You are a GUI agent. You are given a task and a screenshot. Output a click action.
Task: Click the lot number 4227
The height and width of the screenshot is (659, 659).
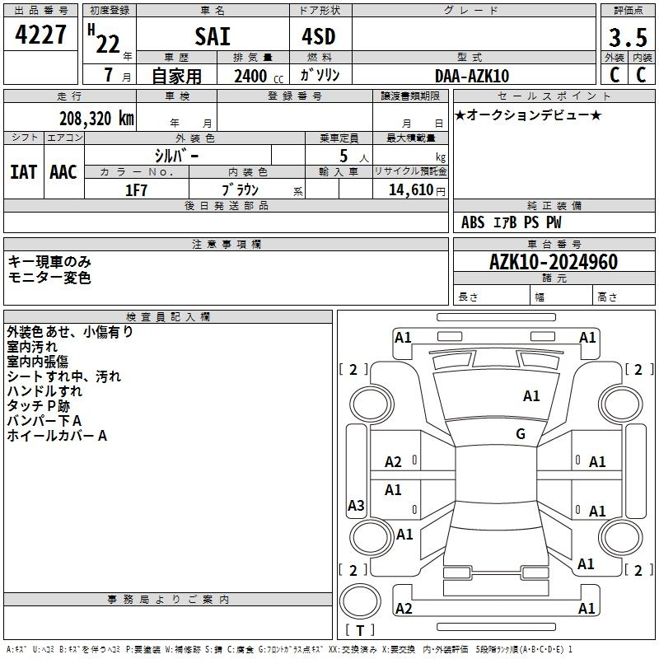click(x=40, y=35)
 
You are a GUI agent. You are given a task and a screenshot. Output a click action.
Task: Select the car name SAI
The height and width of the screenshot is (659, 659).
click(x=213, y=36)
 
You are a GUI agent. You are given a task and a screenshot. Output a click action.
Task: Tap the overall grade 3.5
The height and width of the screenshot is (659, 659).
click(x=628, y=38)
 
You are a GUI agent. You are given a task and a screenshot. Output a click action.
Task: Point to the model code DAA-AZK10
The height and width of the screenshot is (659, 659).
click(x=472, y=76)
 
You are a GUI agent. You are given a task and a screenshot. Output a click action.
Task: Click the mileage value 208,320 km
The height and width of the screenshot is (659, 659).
click(x=96, y=119)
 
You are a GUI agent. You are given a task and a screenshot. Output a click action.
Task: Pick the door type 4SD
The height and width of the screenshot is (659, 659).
click(x=319, y=36)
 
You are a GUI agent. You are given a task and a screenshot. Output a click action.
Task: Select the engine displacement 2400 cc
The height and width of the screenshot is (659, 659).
click(x=259, y=76)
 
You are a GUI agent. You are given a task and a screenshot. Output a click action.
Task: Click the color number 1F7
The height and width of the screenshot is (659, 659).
click(x=136, y=190)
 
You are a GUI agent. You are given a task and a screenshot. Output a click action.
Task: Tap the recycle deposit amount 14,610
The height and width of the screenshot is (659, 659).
click(x=411, y=190)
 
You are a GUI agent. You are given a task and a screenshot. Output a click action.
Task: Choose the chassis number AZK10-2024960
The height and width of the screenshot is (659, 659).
click(x=554, y=262)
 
